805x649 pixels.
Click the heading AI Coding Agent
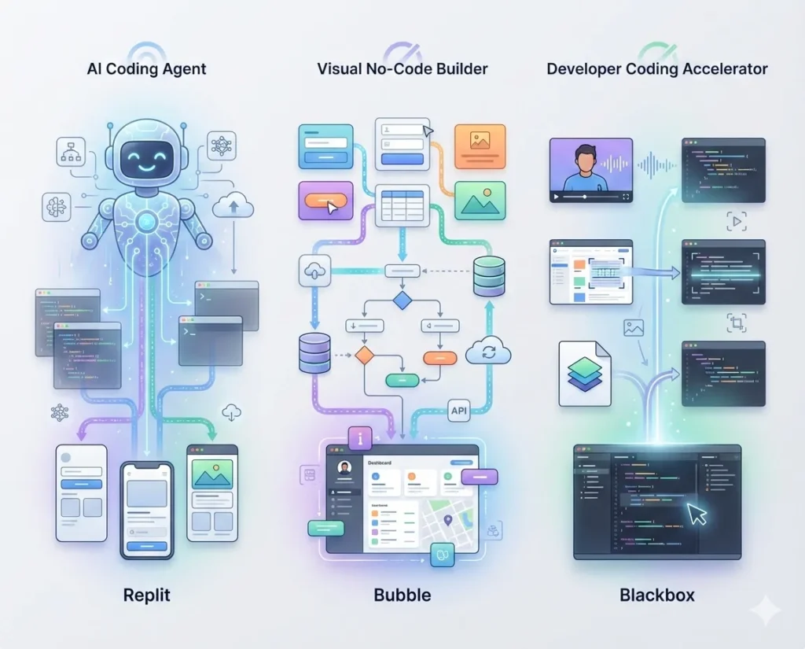click(146, 68)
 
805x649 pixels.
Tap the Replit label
click(146, 595)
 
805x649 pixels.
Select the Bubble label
click(402, 595)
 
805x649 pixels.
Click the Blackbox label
click(657, 595)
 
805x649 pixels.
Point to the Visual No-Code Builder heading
click(402, 68)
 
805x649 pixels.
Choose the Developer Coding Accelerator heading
click(657, 68)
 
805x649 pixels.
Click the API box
click(459, 409)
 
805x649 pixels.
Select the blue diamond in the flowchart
click(402, 301)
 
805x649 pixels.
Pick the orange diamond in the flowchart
click(364, 355)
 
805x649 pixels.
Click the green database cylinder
click(489, 275)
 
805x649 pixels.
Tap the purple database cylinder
click(315, 352)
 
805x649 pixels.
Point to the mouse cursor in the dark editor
click(697, 514)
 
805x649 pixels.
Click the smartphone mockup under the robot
click(146, 510)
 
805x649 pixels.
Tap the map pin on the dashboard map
click(448, 519)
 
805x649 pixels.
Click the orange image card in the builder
click(480, 146)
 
